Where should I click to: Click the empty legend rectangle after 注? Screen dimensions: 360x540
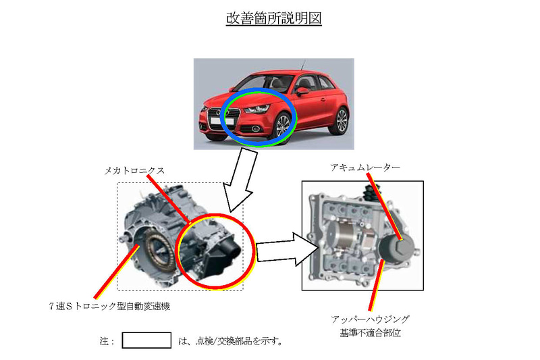coord(146,340)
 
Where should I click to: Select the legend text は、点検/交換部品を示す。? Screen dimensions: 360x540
coord(230,340)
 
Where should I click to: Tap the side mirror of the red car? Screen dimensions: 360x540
coord(303,91)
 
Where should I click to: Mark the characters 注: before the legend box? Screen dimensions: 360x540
coord(107,340)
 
